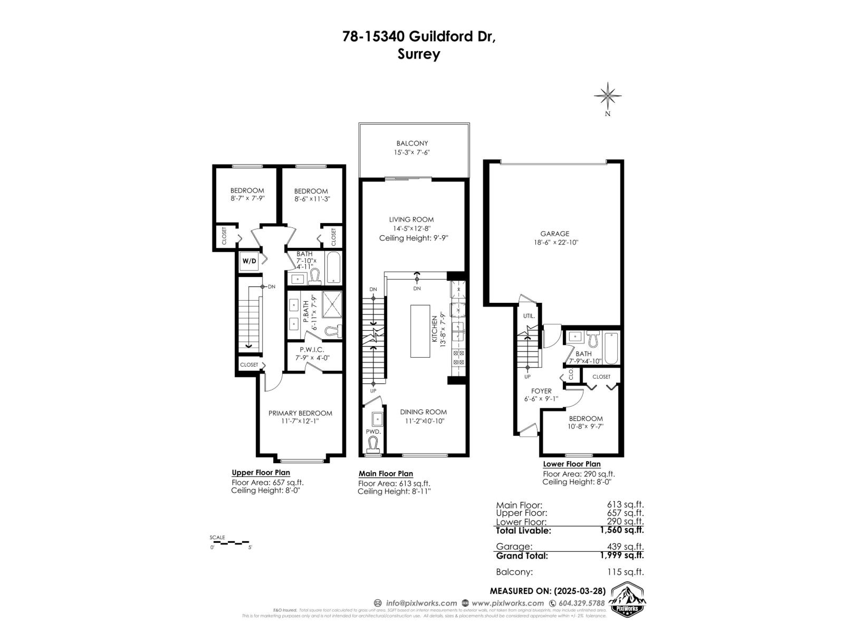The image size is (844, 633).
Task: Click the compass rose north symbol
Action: tap(607, 97)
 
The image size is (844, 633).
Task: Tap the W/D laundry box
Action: tap(250, 261)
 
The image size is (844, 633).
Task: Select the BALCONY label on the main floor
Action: tap(412, 143)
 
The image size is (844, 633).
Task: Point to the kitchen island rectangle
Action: tap(420, 331)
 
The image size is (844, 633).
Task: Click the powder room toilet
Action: tap(373, 444)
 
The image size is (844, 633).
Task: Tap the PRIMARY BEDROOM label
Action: tap(300, 413)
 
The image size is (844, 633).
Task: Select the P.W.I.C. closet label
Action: tap(311, 349)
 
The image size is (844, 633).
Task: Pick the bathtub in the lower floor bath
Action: tap(611, 348)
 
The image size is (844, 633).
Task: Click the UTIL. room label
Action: tap(529, 316)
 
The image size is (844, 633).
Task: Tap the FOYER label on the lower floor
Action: tap(541, 391)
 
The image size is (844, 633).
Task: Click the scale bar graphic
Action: tap(230, 542)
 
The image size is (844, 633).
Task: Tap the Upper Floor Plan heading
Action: tap(261, 473)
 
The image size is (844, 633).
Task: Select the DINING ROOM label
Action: tap(423, 412)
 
